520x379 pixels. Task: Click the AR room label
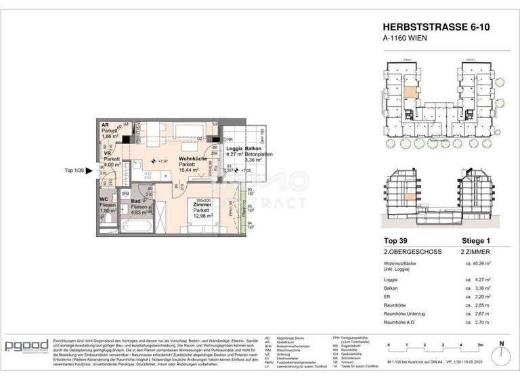[105, 126]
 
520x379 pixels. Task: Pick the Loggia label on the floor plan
[234, 148]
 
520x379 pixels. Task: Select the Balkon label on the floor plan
[253, 148]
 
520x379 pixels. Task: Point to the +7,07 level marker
[160, 161]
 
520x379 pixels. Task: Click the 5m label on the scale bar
[479, 345]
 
